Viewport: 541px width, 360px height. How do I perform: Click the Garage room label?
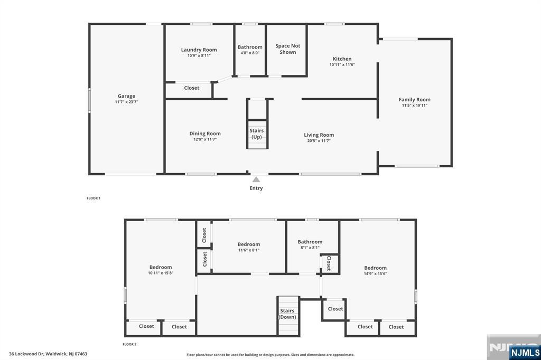tap(126, 96)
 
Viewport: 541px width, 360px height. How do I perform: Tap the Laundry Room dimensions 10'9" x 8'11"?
tap(199, 55)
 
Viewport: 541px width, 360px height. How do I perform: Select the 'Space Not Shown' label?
tap(288, 49)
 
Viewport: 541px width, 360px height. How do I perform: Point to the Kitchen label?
tap(342, 59)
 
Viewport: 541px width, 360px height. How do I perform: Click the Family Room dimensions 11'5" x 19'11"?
tap(414, 106)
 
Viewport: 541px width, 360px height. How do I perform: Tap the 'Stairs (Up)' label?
tap(256, 134)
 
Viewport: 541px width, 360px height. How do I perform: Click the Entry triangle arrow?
tap(256, 179)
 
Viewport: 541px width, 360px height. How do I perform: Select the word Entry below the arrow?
tap(256, 188)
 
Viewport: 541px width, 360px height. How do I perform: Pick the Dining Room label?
tap(205, 134)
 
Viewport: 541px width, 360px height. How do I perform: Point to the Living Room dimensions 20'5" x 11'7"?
tap(319, 141)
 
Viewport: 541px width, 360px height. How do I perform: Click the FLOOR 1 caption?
tap(94, 198)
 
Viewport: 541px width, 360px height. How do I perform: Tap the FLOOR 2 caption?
tap(129, 344)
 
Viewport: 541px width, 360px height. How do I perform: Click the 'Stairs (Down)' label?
tap(287, 314)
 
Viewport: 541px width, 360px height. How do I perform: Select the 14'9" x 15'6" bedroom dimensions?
tap(375, 274)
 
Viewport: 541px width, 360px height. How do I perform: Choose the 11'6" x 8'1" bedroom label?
tap(249, 247)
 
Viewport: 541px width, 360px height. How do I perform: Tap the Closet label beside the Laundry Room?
tap(191, 88)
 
